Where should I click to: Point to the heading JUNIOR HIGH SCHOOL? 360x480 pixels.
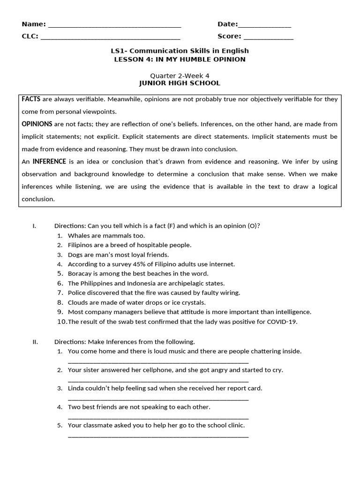coord(180,83)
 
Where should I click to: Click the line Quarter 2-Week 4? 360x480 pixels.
coord(180,76)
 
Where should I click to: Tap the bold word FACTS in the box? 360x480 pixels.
coord(31,99)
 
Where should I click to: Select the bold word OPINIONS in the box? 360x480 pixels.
coord(37,124)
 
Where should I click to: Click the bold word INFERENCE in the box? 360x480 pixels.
coord(50,162)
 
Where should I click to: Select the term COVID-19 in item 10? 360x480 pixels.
coord(282,322)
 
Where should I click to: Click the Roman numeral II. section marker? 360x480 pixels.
coord(35,342)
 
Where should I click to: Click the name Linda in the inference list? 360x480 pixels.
coord(76,388)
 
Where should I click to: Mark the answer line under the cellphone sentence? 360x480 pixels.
coord(158,380)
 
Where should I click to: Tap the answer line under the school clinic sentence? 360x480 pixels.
coord(158,436)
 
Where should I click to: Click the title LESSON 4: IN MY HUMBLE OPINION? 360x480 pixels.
coord(180,60)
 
